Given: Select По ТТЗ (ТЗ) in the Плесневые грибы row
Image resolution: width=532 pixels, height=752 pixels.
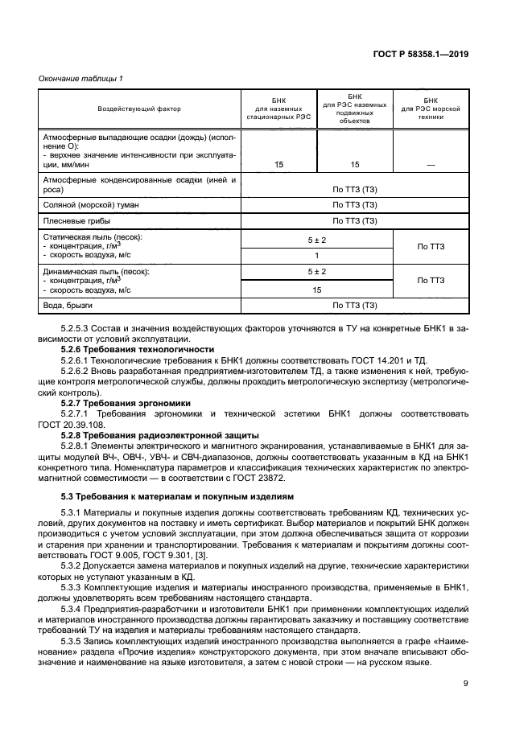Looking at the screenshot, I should tap(355, 220).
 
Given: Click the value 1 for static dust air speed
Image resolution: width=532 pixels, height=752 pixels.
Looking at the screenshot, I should tap(316, 255).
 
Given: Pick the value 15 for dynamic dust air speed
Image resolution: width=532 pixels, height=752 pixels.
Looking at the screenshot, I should tap(316, 290).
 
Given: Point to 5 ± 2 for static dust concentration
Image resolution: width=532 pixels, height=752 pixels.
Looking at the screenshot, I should tap(316, 240).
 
